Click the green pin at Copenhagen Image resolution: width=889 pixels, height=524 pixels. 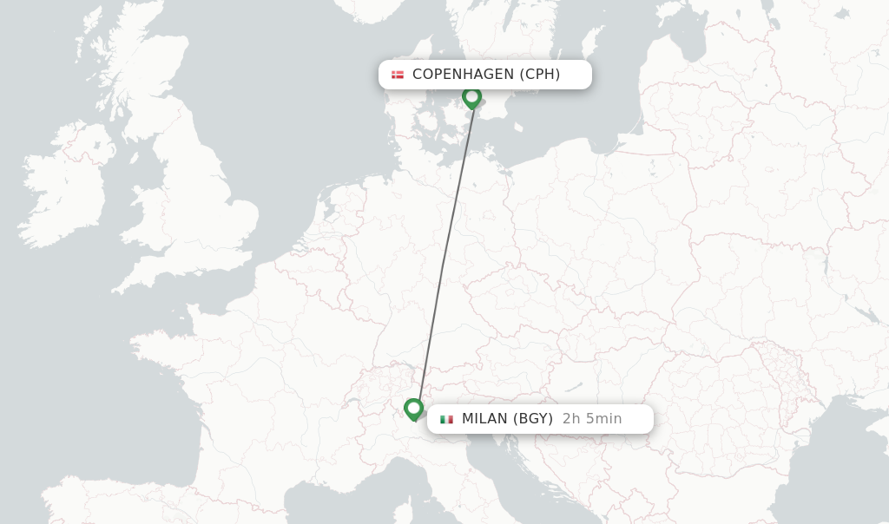point(471,96)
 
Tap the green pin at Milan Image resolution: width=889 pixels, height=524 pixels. point(413,408)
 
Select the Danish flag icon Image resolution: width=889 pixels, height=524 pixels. point(398,75)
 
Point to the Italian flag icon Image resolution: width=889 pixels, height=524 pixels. point(446,419)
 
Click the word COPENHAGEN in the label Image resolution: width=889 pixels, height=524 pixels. point(463,75)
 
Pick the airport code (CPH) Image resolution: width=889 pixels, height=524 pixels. point(539,75)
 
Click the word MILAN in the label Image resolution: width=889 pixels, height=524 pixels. point(484,419)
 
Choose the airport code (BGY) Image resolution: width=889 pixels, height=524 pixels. point(532,419)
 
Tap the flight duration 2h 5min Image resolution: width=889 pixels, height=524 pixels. point(592,419)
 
